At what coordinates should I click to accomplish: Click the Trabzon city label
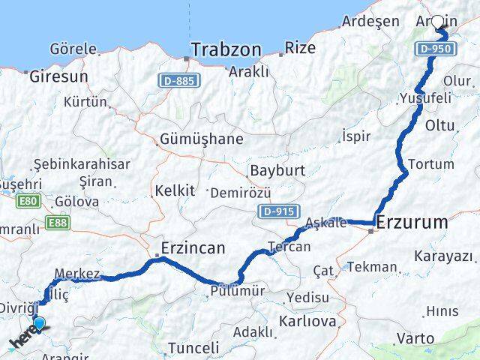click(226, 50)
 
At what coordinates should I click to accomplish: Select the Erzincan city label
click(193, 247)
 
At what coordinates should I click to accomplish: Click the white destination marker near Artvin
click(438, 22)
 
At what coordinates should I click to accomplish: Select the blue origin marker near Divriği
click(39, 324)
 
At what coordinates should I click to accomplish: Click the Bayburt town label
click(277, 170)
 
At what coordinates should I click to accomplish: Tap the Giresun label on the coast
click(58, 76)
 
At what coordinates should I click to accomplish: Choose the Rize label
click(301, 48)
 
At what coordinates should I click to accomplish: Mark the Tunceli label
click(193, 348)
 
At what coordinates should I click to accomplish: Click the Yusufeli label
click(425, 98)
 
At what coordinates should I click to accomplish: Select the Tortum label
click(430, 163)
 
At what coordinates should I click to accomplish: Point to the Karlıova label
click(307, 321)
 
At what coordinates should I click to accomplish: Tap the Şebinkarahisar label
click(82, 164)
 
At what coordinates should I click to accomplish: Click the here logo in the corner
click(22, 341)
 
